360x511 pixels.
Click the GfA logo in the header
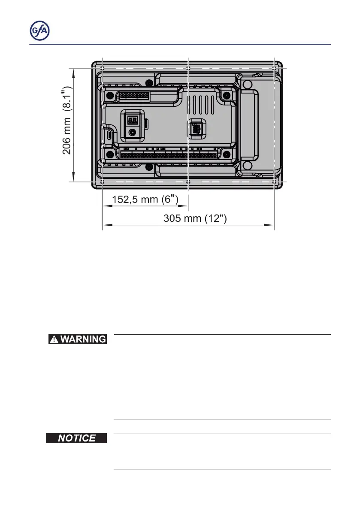coord(39,31)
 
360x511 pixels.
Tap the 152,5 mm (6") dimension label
coord(145,200)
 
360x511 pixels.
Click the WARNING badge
coord(77,339)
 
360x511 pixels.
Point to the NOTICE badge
coord(77,438)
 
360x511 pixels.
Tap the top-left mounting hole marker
coord(102,68)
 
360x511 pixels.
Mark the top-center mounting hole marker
coord(188,68)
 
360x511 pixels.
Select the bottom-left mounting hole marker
coord(102,182)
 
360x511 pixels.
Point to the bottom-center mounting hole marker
coord(188,182)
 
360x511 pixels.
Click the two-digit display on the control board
coord(133,121)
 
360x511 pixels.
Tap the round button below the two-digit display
coord(132,133)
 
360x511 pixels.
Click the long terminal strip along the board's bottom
coord(169,154)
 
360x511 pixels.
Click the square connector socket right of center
coord(197,128)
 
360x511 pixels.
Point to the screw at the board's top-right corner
coord(225,95)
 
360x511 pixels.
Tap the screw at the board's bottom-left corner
coord(110,154)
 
